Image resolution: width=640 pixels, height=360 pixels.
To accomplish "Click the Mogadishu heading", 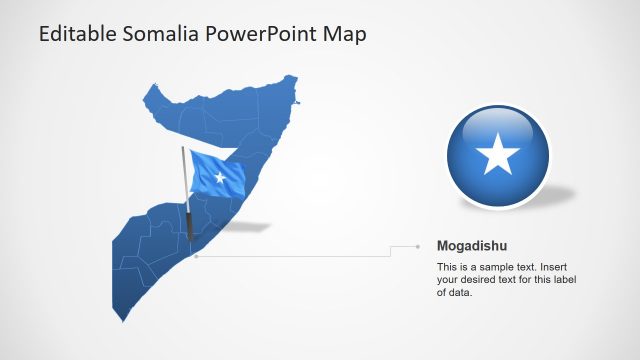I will click(x=471, y=245).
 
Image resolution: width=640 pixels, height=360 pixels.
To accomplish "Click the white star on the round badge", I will click(x=497, y=156).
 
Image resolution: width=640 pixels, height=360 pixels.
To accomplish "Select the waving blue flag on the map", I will click(x=217, y=174).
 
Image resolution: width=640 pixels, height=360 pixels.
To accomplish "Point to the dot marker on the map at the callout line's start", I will click(x=196, y=256).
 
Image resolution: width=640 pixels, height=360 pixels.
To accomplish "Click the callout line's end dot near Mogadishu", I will click(x=418, y=245).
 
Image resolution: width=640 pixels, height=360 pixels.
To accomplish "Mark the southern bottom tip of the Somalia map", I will click(x=114, y=320).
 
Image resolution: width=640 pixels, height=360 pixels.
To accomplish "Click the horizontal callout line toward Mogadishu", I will click(x=300, y=256).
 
